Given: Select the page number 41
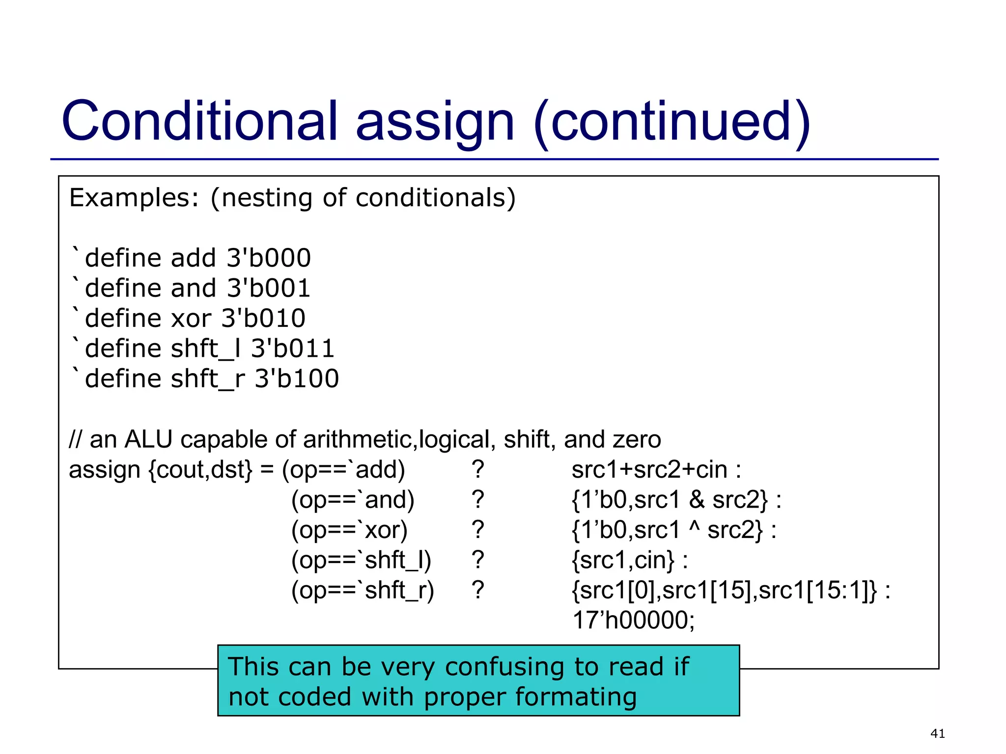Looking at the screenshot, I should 937,733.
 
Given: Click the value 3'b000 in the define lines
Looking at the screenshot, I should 269,258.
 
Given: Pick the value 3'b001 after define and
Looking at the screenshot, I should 269,288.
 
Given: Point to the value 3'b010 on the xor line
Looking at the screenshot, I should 263,319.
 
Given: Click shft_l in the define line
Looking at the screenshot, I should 198,349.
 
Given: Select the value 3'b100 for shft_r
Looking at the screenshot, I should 297,379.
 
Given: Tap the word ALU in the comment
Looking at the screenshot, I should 148,439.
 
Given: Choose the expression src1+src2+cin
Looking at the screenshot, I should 649,470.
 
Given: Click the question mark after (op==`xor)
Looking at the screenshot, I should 477,530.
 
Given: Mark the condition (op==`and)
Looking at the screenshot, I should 353,500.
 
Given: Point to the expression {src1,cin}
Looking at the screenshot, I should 623,561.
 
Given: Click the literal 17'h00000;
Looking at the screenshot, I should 634,620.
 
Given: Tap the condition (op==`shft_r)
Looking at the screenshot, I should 363,591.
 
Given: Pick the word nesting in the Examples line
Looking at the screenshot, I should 266,198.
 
